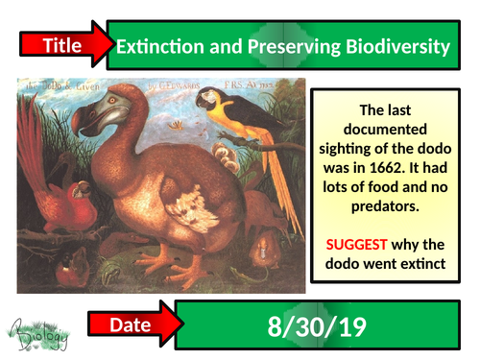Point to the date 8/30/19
click(x=317, y=326)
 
